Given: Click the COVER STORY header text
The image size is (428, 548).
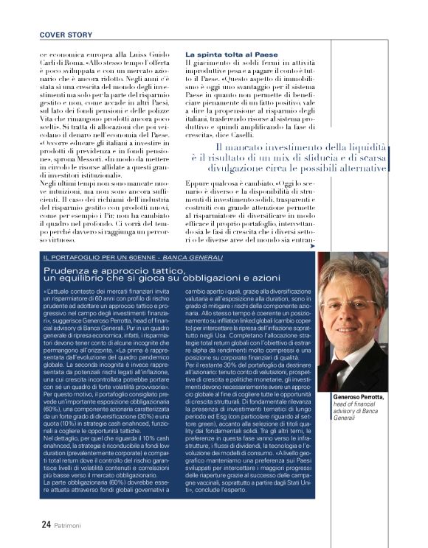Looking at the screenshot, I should [64, 34].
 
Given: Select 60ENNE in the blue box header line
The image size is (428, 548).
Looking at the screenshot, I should [120, 257].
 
